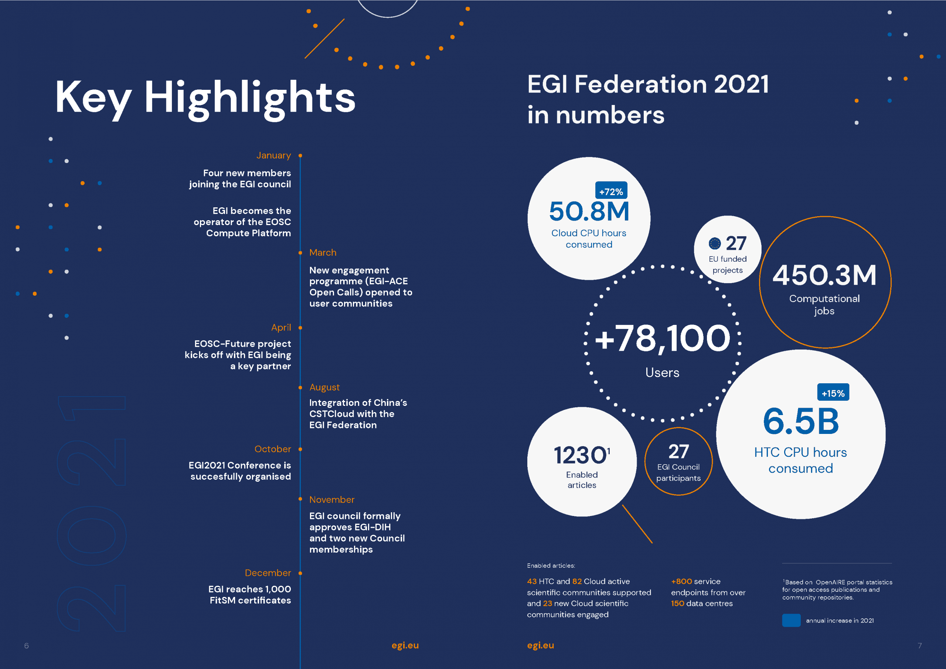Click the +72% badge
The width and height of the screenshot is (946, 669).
click(611, 191)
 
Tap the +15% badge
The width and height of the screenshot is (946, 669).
click(833, 393)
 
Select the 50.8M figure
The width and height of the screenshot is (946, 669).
click(589, 211)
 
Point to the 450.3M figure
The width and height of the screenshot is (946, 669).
click(824, 275)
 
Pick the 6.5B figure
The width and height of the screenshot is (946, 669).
click(800, 421)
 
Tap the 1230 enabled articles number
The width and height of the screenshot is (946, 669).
click(580, 455)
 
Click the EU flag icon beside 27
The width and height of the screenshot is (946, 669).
click(714, 244)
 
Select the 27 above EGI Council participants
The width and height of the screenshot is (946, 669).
click(678, 451)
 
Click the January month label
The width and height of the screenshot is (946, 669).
click(273, 155)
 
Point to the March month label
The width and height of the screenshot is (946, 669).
click(323, 253)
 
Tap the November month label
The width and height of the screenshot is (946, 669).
click(332, 500)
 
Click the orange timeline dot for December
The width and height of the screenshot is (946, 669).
click(300, 573)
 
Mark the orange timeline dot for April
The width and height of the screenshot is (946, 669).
click(300, 328)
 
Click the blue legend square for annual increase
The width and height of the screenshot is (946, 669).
click(791, 620)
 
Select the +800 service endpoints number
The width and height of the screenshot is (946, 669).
click(681, 581)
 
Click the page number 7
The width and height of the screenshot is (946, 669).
click(920, 645)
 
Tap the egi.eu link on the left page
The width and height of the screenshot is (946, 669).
click(405, 645)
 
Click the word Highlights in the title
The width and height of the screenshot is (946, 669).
click(250, 98)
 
